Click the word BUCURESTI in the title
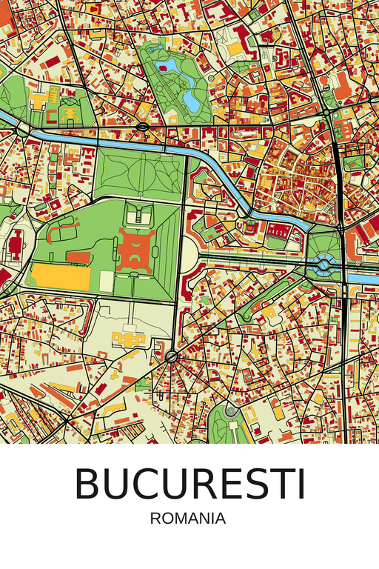(189, 484)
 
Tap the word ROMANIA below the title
(187, 519)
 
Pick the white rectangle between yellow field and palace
(107, 281)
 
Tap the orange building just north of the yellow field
(78, 256)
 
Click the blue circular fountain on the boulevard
(325, 264)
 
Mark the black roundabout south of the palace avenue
(172, 358)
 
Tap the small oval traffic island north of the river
(141, 127)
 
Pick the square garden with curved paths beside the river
(139, 173)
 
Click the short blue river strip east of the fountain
(362, 278)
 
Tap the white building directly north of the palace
(137, 216)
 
